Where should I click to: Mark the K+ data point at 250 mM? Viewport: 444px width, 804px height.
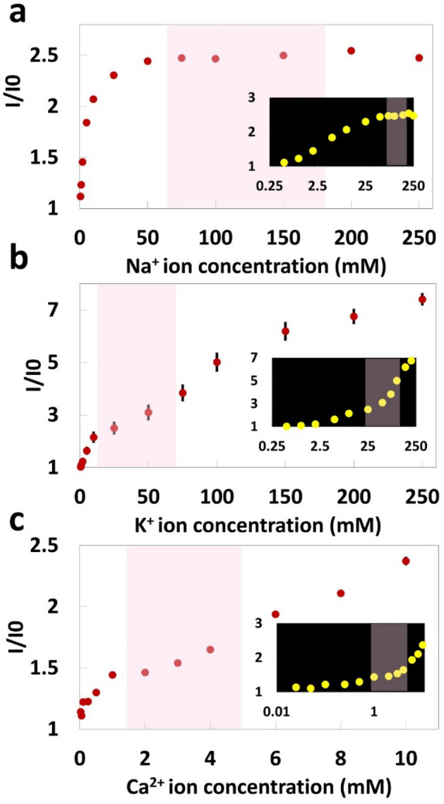click(x=422, y=299)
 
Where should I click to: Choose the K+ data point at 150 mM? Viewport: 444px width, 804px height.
click(x=285, y=331)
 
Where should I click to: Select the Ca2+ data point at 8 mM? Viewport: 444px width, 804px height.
click(x=340, y=593)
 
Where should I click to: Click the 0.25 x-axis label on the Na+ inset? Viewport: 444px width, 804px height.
click(x=270, y=186)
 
